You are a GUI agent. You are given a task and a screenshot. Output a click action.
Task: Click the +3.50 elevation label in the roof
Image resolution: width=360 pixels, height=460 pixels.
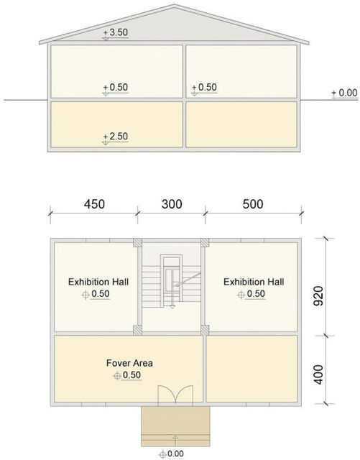(116, 33)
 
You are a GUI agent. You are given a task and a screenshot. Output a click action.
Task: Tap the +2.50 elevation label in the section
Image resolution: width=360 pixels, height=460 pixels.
(116, 137)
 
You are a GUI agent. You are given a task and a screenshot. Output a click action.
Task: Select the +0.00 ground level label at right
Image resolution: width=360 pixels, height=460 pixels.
(344, 93)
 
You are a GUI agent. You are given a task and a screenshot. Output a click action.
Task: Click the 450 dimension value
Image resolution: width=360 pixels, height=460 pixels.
(94, 204)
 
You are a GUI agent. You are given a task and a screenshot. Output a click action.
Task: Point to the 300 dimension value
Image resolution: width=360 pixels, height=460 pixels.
(172, 204)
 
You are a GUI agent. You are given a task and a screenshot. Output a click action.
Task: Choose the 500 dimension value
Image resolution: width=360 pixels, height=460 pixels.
(253, 204)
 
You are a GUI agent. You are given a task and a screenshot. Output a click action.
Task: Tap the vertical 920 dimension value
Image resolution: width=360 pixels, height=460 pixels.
(318, 295)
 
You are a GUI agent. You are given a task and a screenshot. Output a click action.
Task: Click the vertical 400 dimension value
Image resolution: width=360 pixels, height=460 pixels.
(318, 374)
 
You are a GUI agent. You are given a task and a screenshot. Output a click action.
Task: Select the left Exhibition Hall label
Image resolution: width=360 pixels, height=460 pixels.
(98, 282)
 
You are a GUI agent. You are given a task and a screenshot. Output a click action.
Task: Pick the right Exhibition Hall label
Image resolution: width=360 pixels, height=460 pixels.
(254, 282)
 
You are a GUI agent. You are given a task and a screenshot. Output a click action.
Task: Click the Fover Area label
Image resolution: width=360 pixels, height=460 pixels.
(129, 363)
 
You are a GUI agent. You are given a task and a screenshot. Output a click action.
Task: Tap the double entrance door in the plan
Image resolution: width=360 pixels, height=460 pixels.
(175, 395)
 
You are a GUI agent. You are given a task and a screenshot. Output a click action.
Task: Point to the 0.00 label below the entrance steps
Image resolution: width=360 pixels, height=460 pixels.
(171, 454)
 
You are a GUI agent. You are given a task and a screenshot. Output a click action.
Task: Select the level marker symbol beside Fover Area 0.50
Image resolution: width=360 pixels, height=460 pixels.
(117, 375)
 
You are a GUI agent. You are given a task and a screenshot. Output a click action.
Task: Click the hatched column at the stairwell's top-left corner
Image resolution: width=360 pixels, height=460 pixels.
(137, 243)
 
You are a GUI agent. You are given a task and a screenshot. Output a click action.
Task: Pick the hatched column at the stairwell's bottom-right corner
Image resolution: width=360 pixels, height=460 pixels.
(205, 330)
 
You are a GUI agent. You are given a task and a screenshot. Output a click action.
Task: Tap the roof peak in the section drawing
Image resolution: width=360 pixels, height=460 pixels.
(175, 5)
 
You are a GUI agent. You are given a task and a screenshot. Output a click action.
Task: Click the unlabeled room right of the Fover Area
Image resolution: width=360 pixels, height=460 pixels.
(251, 369)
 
